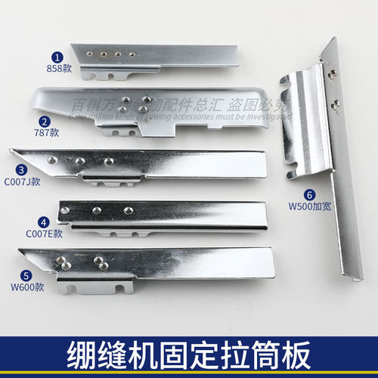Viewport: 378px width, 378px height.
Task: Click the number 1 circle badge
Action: [x=55, y=56]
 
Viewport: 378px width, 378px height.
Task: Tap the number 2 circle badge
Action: [x=45, y=121]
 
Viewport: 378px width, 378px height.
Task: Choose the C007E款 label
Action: [x=44, y=234]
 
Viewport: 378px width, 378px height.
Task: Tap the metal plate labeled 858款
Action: [x=159, y=56]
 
